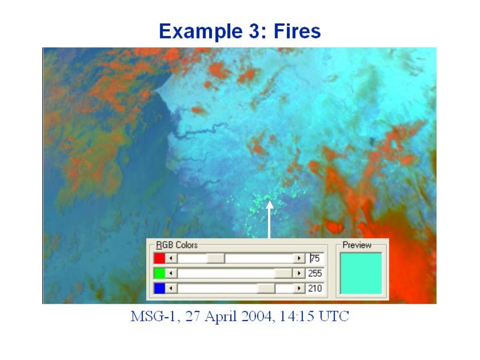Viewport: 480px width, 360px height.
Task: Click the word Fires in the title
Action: (297, 31)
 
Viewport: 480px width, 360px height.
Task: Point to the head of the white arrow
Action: (270, 204)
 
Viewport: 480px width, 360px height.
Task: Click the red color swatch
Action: (159, 258)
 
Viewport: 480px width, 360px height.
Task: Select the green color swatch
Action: (159, 273)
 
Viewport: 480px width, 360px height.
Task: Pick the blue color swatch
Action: (159, 288)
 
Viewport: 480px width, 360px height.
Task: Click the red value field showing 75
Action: (315, 258)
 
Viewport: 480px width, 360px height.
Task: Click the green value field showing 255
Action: (315, 273)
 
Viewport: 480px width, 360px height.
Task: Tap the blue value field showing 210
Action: (315, 288)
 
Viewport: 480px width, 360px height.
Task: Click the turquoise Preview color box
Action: (361, 273)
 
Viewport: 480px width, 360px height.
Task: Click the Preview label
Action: (357, 245)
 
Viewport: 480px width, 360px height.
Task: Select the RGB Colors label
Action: (177, 245)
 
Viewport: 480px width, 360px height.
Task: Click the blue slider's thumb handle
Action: (266, 288)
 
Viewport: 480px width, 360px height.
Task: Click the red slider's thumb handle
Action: (216, 258)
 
